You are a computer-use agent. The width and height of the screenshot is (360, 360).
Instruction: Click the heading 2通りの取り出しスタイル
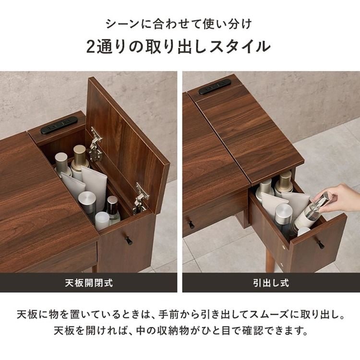click(x=180, y=47)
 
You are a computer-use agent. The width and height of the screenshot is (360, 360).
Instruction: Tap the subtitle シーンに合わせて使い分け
click(x=180, y=23)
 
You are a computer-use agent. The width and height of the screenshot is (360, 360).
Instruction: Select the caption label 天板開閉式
click(x=89, y=283)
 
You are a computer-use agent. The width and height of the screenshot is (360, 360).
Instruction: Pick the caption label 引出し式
click(x=271, y=283)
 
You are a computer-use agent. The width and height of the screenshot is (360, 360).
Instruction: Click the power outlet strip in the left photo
click(x=59, y=125)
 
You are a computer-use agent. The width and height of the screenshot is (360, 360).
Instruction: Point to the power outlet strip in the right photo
click(x=215, y=86)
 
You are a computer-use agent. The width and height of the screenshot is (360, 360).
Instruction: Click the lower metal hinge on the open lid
click(x=140, y=197)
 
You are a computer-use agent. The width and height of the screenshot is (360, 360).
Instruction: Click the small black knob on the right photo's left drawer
click(x=191, y=224)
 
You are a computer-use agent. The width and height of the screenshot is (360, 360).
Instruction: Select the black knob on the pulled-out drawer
click(x=320, y=245)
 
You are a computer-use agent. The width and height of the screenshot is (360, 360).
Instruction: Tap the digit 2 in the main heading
click(x=92, y=47)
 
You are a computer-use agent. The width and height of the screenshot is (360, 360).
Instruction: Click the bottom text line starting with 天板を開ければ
click(x=180, y=331)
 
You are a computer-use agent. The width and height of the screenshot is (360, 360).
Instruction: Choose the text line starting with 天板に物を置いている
click(x=180, y=316)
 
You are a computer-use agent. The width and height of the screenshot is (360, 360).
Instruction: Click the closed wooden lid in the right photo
click(x=250, y=130)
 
